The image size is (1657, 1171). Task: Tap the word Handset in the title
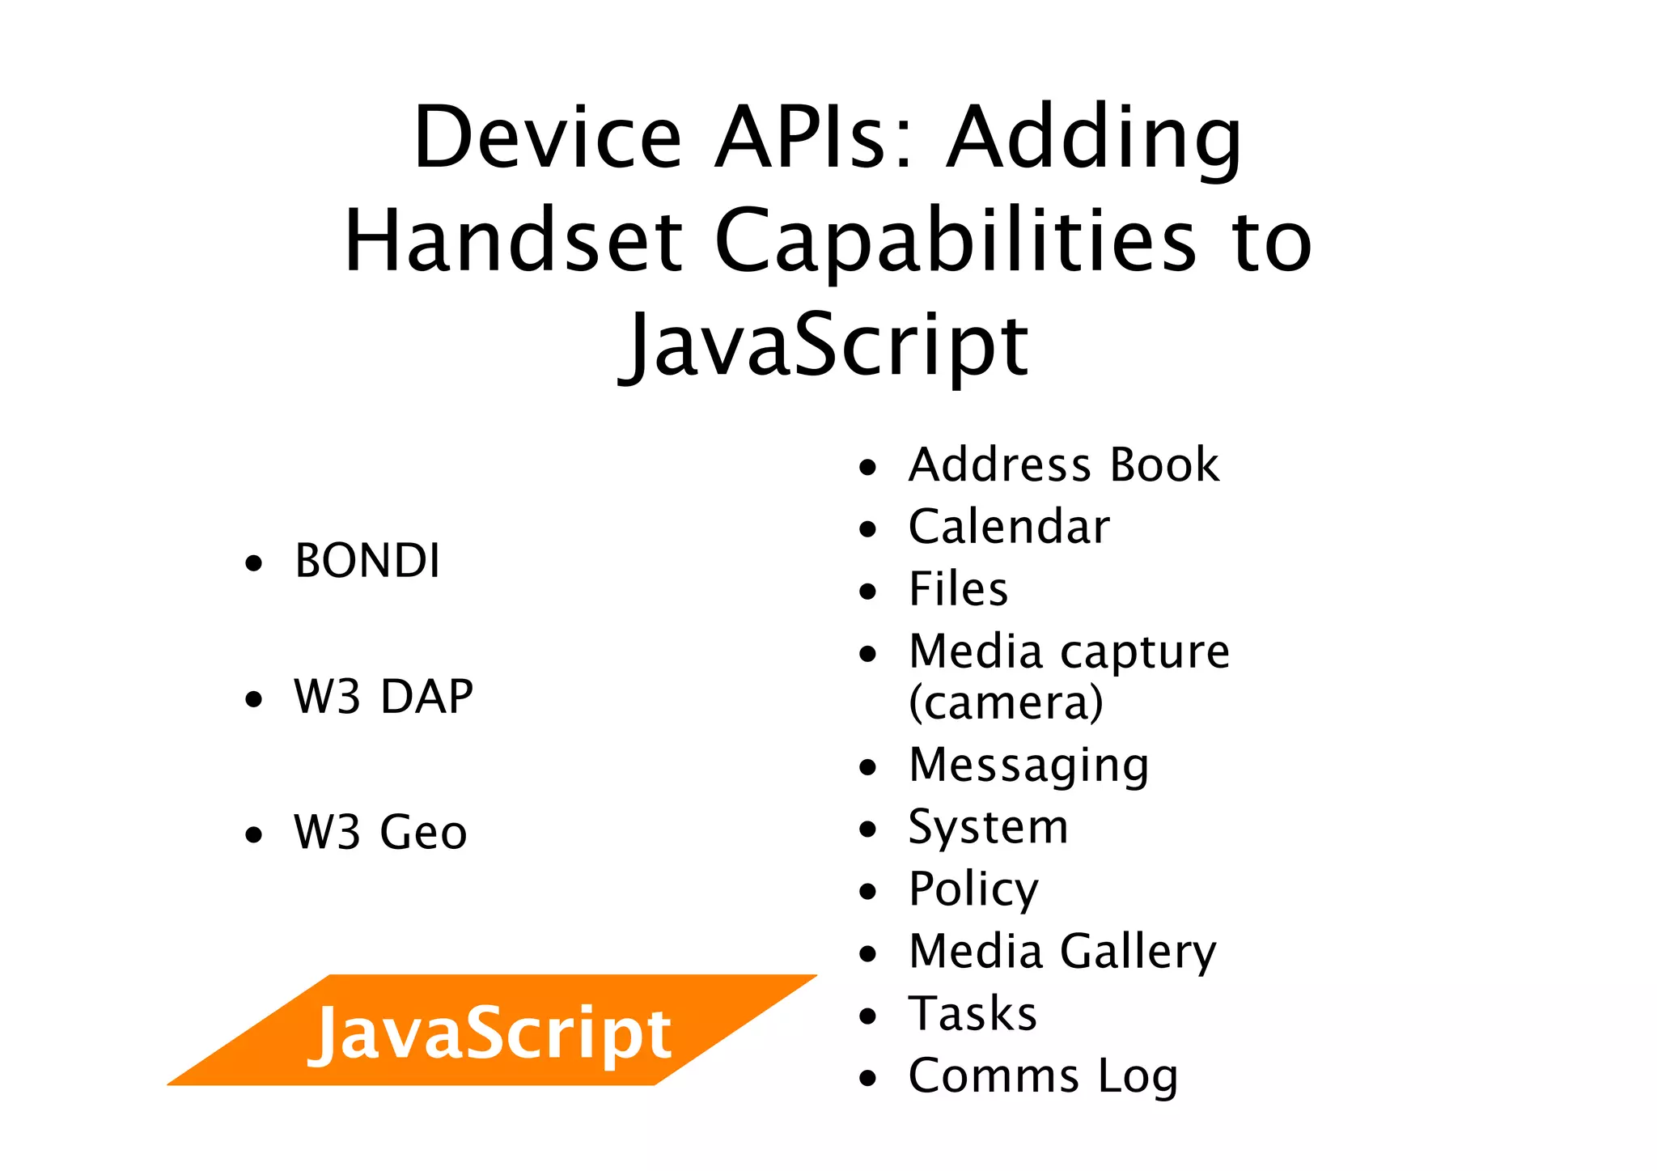(x=514, y=240)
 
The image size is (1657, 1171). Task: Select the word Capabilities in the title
(x=955, y=240)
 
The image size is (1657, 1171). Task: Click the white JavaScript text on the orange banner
(x=489, y=1033)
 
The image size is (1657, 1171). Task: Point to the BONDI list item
(x=367, y=561)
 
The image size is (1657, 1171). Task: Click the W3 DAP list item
(x=384, y=696)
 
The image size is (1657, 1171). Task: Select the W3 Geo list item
(x=380, y=832)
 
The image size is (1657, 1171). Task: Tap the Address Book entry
(x=1063, y=465)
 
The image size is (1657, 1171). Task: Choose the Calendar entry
(x=1009, y=527)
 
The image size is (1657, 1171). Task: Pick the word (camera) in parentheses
(x=1006, y=702)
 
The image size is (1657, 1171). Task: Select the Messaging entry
(x=1028, y=765)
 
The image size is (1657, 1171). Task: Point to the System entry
(x=988, y=827)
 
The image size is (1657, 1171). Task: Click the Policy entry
(x=973, y=889)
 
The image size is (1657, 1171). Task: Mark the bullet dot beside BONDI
(x=254, y=563)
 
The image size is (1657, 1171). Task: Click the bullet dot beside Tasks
(x=868, y=1016)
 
